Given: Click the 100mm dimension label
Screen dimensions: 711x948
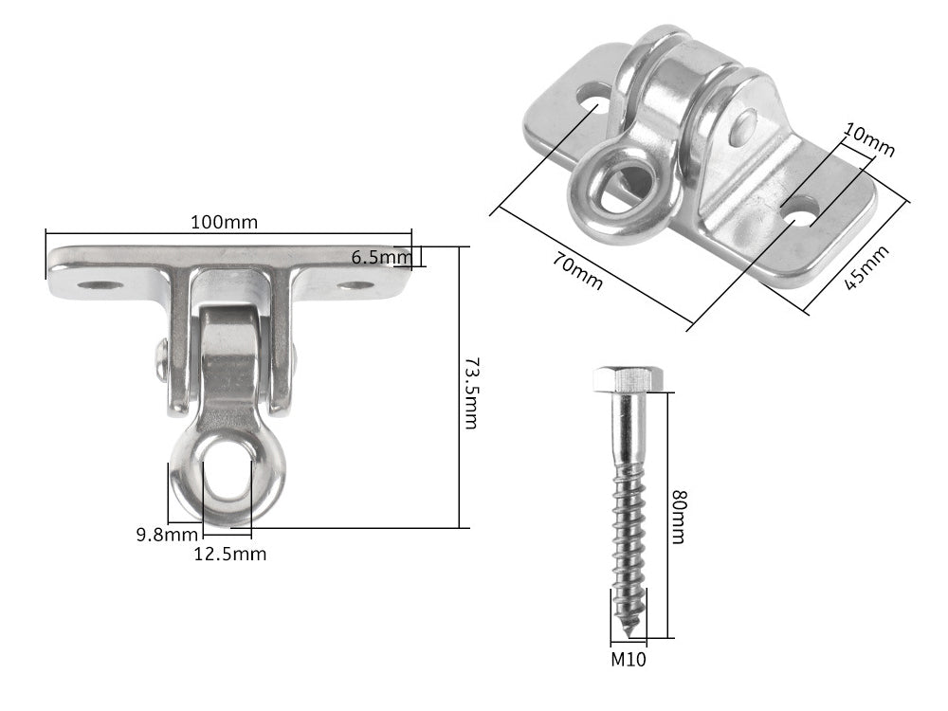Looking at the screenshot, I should pyautogui.click(x=224, y=222).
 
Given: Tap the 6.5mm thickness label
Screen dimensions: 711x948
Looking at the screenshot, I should pyautogui.click(x=380, y=256).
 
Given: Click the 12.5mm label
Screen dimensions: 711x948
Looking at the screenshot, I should pyautogui.click(x=230, y=555).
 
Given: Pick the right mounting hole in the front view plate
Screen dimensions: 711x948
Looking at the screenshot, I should pyautogui.click(x=355, y=284).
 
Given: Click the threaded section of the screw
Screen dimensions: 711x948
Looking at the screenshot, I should pyautogui.click(x=628, y=540).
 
